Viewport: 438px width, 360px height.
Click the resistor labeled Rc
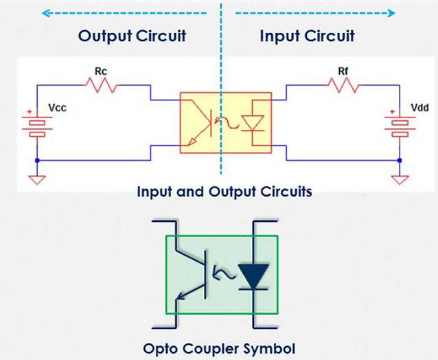pos(101,85)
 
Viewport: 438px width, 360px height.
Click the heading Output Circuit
pos(132,36)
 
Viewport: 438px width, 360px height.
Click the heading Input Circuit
pos(307,36)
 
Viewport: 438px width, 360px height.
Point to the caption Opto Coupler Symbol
pos(220,348)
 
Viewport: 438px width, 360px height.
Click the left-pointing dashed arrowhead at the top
pos(45,12)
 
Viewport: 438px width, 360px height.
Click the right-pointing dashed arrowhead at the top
pos(391,12)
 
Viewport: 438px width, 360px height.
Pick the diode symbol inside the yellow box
pos(257,123)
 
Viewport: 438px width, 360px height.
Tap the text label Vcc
pos(58,108)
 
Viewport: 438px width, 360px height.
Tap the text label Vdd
pos(419,108)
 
